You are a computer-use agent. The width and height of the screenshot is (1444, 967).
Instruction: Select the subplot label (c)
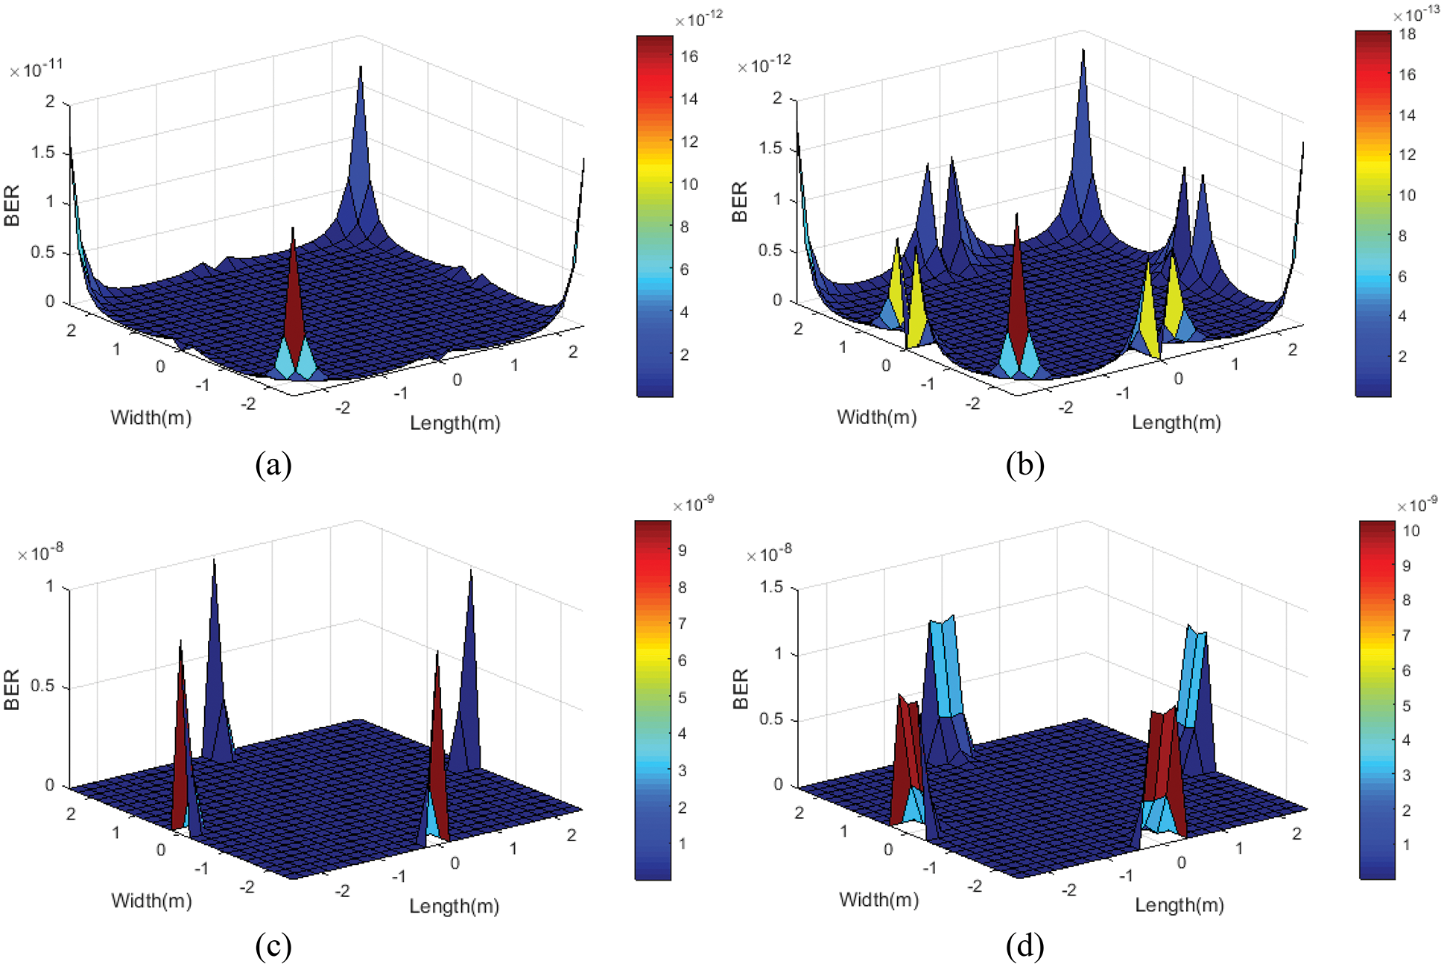[x=273, y=946]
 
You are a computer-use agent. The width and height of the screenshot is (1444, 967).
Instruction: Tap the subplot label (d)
[x=1025, y=946]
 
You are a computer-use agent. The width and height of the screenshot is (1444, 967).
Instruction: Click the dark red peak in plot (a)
[x=294, y=298]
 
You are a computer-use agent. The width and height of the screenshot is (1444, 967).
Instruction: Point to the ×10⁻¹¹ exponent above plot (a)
[x=37, y=69]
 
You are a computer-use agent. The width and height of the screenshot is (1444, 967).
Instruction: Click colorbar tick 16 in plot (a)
[x=689, y=56]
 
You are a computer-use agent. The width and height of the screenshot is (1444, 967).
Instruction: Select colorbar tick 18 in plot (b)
[x=1407, y=34]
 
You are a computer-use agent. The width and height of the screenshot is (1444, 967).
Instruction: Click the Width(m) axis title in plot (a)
[x=151, y=417]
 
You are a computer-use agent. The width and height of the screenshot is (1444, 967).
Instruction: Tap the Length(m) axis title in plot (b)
[x=1177, y=422]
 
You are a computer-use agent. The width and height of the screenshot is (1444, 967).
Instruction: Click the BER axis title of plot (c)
[x=12, y=689]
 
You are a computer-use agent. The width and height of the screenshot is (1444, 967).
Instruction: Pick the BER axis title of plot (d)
[x=740, y=689]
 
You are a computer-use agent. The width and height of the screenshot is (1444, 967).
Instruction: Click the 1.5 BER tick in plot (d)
[x=770, y=587]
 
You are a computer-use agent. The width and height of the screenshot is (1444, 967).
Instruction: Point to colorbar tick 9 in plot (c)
[x=682, y=551]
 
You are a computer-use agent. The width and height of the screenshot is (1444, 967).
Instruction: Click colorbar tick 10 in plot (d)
[x=1410, y=530]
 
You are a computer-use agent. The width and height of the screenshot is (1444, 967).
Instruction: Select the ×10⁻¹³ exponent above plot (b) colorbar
[x=1416, y=15]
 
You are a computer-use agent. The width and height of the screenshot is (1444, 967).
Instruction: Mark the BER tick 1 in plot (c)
[x=50, y=586]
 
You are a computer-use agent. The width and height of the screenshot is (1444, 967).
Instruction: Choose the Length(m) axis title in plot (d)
[x=1179, y=905]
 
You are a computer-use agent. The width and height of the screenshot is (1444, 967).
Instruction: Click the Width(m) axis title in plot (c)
[x=151, y=901]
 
